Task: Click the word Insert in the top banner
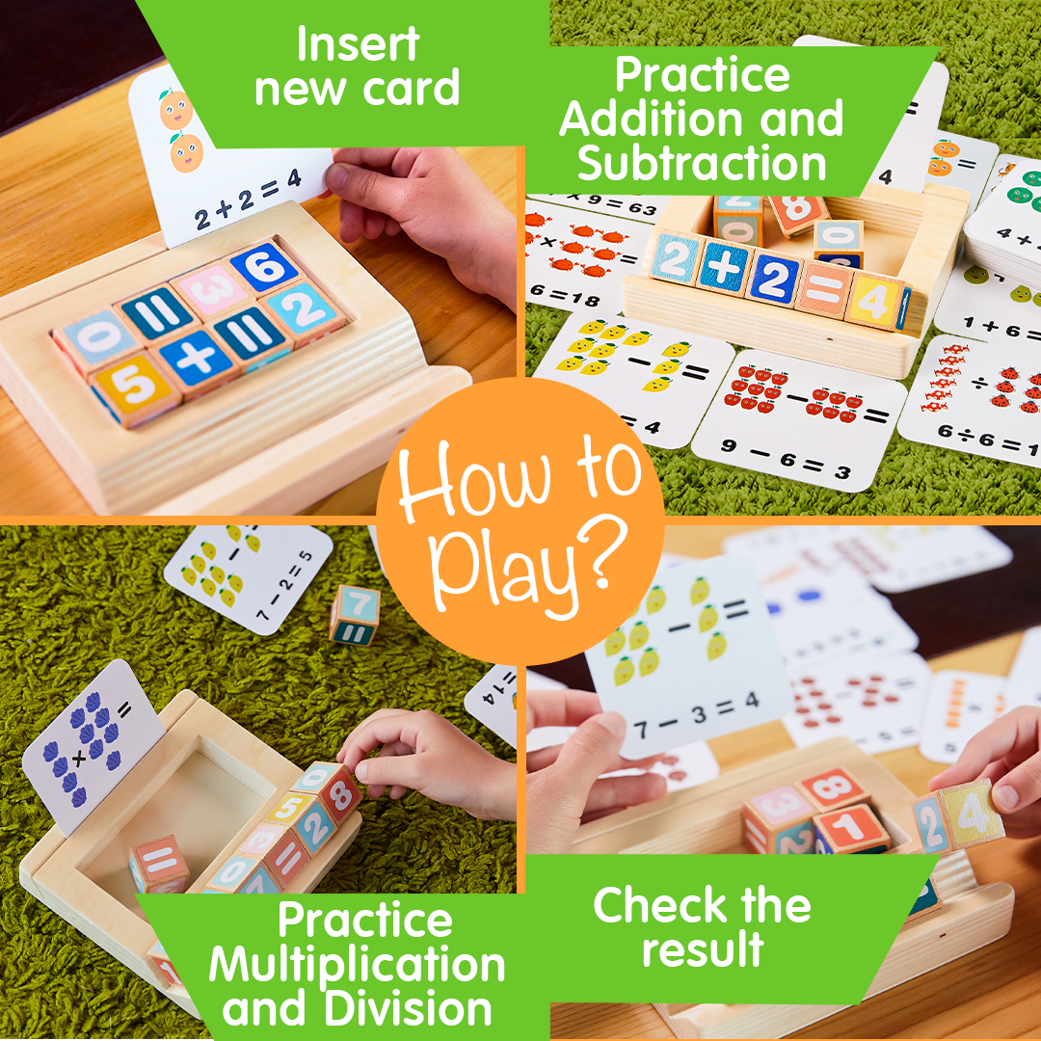tap(358, 44)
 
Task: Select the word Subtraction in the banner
tap(702, 164)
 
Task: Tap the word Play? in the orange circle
tap(521, 570)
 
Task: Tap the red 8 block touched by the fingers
tap(338, 792)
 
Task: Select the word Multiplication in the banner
tap(357, 965)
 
